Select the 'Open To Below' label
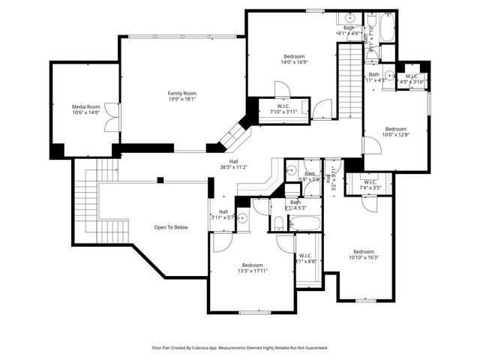[x=170, y=226]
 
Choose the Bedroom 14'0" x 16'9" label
[x=294, y=60]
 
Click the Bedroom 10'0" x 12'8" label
[x=395, y=131]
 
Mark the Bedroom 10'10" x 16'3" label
[x=364, y=254]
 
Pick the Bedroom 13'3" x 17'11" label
[x=252, y=268]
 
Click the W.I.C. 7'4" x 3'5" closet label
[x=370, y=184]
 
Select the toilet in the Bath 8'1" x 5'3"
[x=277, y=223]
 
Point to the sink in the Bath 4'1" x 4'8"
[x=350, y=17]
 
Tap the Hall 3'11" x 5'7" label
[x=223, y=214]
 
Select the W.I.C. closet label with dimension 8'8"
[x=306, y=259]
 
